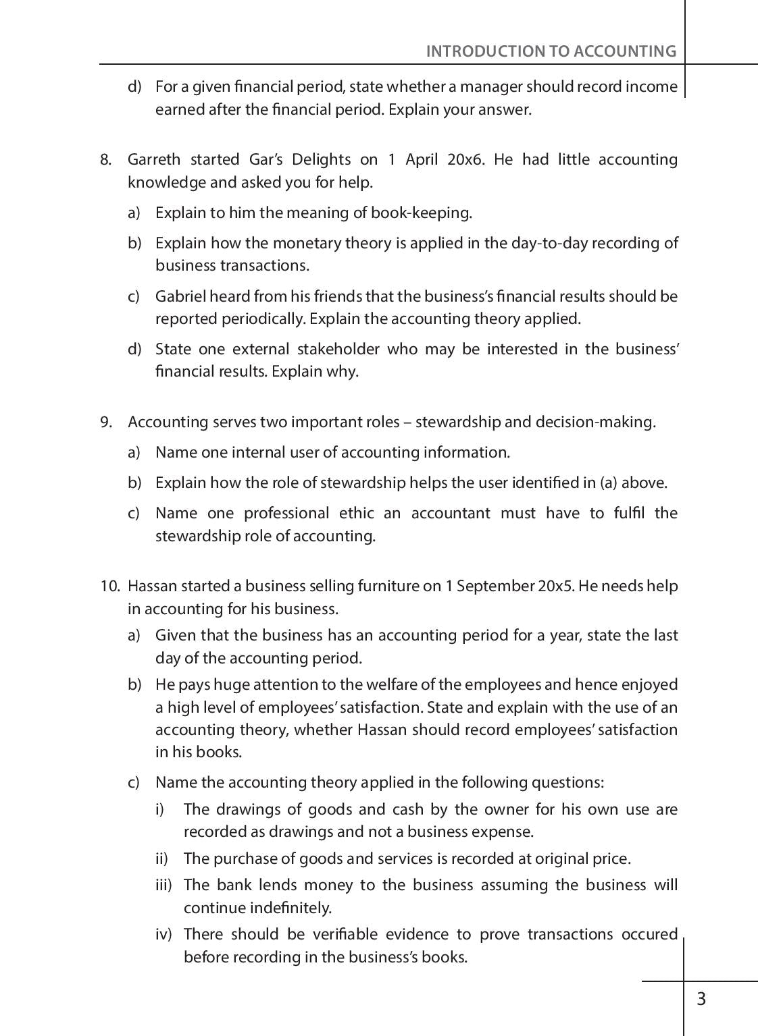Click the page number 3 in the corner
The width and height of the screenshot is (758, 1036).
coord(701,999)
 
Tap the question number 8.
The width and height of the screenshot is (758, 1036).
coord(105,160)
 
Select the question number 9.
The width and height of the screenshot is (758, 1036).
coord(105,422)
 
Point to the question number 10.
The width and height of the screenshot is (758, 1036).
coord(109,586)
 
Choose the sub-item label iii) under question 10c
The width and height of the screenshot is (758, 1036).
coord(163,885)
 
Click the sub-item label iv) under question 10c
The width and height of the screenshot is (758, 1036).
coord(163,935)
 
